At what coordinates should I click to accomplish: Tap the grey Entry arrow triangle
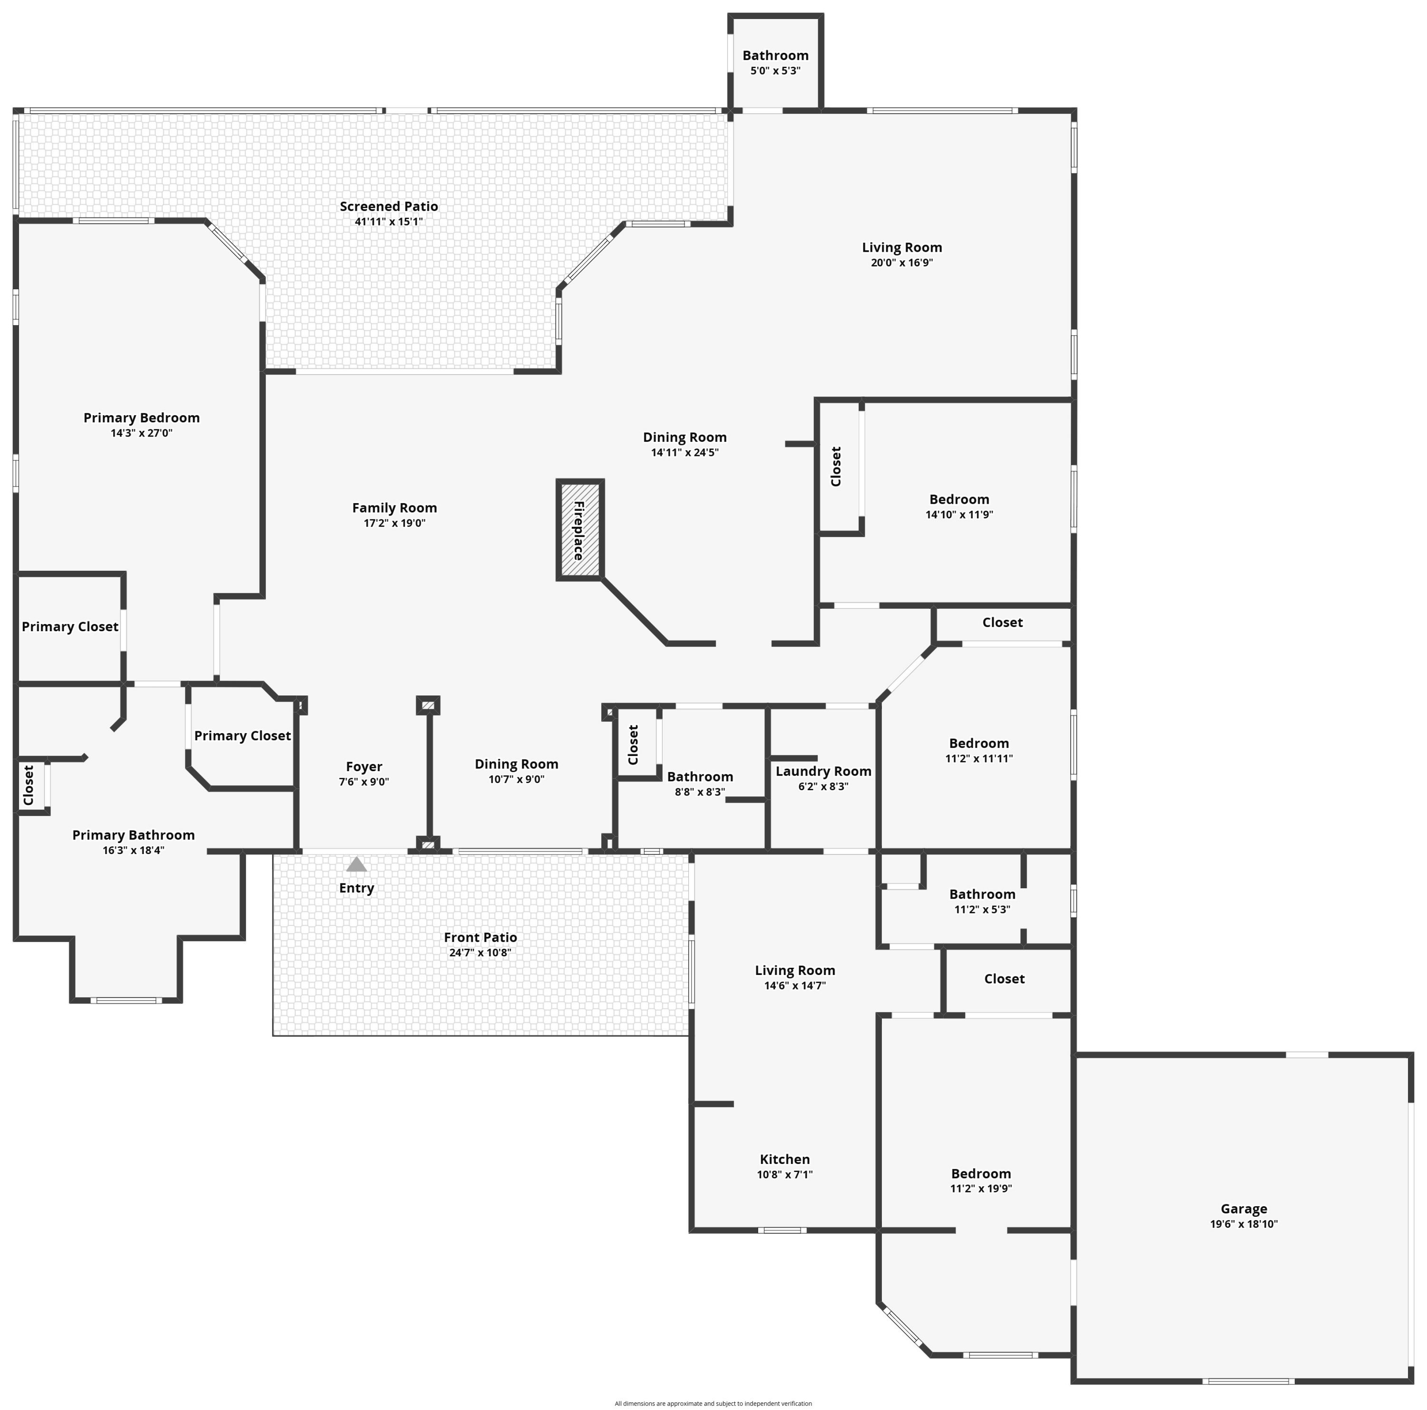point(357,864)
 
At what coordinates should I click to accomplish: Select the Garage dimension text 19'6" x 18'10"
point(1244,1224)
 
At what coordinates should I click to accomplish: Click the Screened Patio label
point(389,206)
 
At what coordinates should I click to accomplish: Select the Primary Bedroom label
point(141,417)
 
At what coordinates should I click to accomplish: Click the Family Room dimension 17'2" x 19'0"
point(394,523)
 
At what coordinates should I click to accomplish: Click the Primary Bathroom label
point(133,835)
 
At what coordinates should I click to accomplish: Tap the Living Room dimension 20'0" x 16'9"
point(902,262)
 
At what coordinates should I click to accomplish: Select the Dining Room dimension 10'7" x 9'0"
point(516,779)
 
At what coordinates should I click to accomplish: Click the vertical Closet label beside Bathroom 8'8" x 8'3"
point(633,745)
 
